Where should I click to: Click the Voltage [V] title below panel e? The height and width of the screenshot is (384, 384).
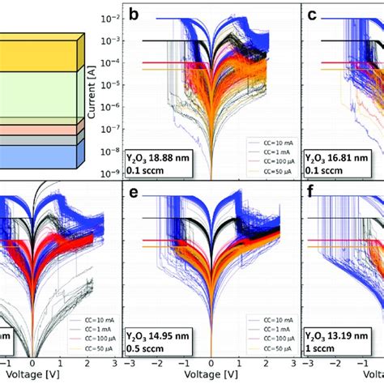click(211, 377)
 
